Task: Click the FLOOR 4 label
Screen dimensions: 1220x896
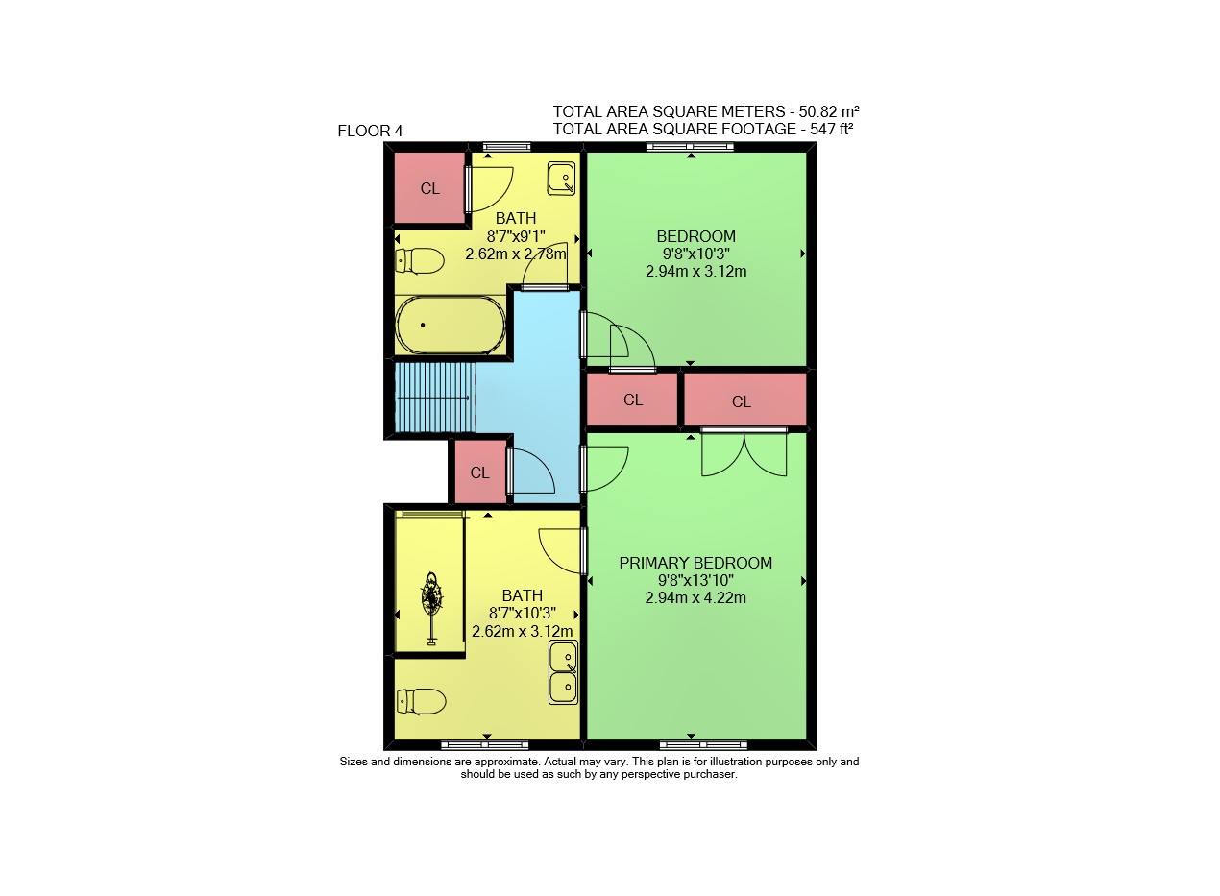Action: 370,132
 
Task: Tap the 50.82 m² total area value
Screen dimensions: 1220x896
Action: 829,111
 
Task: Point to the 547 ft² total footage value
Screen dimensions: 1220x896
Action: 831,129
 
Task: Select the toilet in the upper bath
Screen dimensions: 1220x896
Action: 419,261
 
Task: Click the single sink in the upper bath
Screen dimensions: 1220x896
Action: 562,178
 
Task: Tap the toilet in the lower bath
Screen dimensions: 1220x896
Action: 421,702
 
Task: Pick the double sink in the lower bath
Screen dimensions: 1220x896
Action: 563,672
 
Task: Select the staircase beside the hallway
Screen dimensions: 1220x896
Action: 435,398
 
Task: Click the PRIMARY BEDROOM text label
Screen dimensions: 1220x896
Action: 695,563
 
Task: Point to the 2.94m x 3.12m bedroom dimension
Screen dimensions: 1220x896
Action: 696,271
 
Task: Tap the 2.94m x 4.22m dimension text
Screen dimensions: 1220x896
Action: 695,597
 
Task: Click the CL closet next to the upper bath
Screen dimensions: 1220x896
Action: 429,188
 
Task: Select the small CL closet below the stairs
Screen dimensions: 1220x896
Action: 479,472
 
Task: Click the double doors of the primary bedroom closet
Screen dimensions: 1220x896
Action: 744,452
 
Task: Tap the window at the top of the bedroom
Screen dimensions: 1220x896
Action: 690,146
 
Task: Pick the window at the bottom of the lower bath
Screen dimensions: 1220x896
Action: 484,744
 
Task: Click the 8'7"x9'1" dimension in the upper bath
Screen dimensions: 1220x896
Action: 516,236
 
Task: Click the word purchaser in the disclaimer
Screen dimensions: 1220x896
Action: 710,774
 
